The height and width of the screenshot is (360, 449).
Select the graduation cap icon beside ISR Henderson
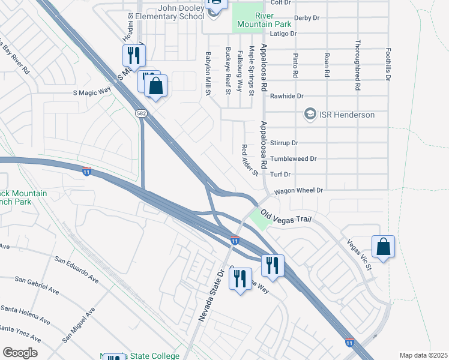click(310, 114)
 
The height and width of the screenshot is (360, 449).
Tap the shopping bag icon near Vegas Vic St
click(382, 246)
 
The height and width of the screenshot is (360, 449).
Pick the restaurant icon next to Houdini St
click(133, 55)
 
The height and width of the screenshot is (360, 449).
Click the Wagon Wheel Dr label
click(299, 190)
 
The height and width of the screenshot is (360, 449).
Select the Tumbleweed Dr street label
click(293, 159)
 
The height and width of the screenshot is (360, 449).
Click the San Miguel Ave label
click(78, 325)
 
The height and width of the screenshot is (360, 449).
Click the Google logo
click(20, 353)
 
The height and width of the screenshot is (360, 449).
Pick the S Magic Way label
click(92, 92)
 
